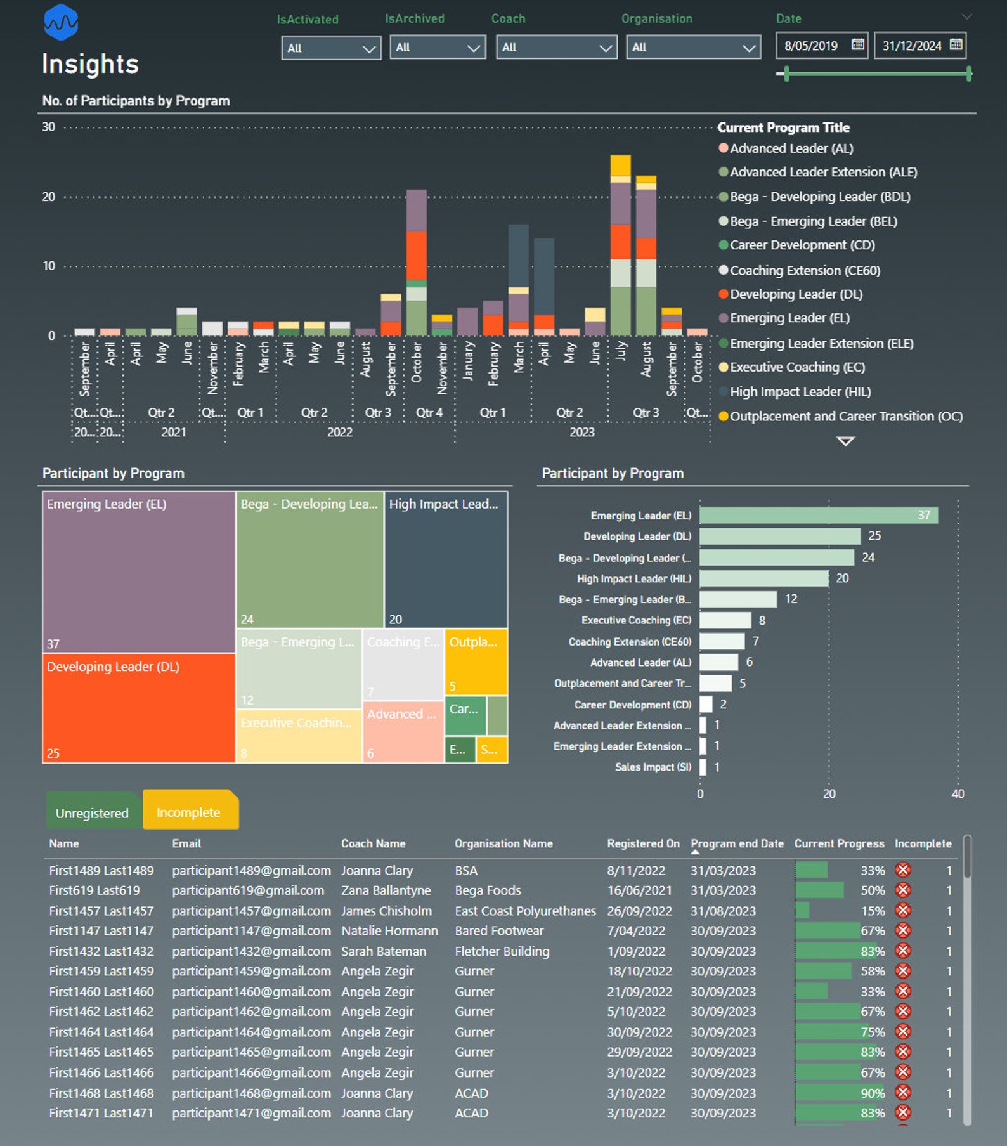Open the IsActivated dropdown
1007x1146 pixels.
tap(330, 48)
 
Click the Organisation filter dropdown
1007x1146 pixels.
tap(693, 48)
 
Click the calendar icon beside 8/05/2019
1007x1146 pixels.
tap(857, 45)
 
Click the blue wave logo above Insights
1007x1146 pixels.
tap(61, 22)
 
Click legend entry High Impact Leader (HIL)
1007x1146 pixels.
tap(800, 392)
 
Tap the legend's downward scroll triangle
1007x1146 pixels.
tap(845, 441)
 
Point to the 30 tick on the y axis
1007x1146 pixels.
tap(49, 127)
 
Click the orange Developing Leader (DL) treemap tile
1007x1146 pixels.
tap(138, 708)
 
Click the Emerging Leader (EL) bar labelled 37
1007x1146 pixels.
tap(818, 515)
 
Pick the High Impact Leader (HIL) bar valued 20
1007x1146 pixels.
tap(763, 578)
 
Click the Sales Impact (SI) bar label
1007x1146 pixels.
tap(653, 767)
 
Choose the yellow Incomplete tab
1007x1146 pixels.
tap(189, 812)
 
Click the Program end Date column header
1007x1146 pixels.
tap(737, 843)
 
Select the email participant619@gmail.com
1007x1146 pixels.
tap(248, 890)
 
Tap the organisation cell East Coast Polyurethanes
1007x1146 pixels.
tap(525, 911)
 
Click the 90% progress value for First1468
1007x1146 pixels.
tap(873, 1093)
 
